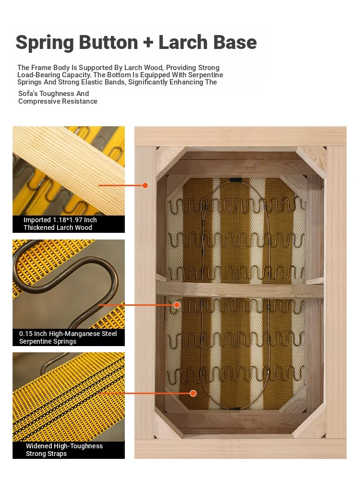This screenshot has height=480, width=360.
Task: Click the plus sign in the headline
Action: coord(148,42)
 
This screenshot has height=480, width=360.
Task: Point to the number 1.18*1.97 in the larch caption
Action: coord(67,220)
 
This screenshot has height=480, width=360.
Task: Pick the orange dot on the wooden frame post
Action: coord(145,185)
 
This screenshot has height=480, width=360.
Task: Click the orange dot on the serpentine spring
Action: coord(177,305)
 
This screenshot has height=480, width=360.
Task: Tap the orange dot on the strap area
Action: coord(193,394)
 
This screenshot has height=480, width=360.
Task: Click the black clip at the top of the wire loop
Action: coord(235,180)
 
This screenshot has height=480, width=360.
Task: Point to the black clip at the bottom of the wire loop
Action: coord(235,408)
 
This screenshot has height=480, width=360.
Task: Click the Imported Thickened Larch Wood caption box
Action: coord(69,224)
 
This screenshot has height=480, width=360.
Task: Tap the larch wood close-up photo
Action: coord(69,171)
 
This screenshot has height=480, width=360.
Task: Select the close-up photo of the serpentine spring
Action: coord(69,284)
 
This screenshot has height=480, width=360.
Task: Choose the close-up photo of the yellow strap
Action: coord(69,397)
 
